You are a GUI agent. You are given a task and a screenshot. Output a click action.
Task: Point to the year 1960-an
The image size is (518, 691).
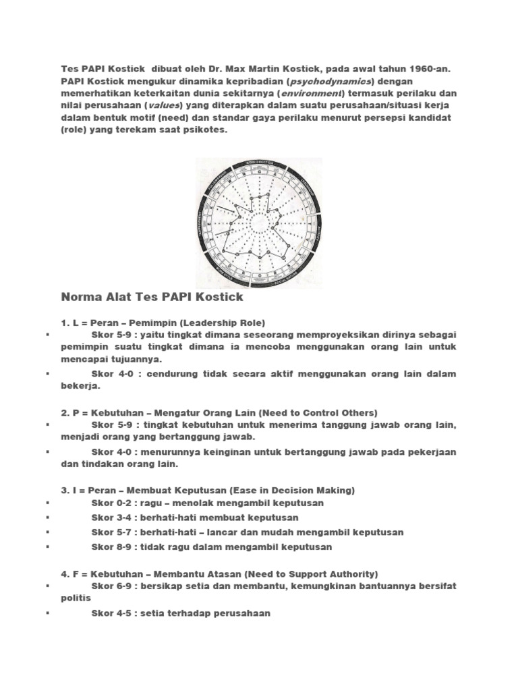coord(426,68)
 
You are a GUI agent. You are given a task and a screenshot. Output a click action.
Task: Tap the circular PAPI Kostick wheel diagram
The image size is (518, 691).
coord(258,221)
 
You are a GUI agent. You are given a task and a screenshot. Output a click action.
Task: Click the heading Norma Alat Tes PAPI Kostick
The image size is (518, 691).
coord(152,297)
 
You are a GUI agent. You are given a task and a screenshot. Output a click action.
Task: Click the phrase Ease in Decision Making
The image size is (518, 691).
coord(293,490)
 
